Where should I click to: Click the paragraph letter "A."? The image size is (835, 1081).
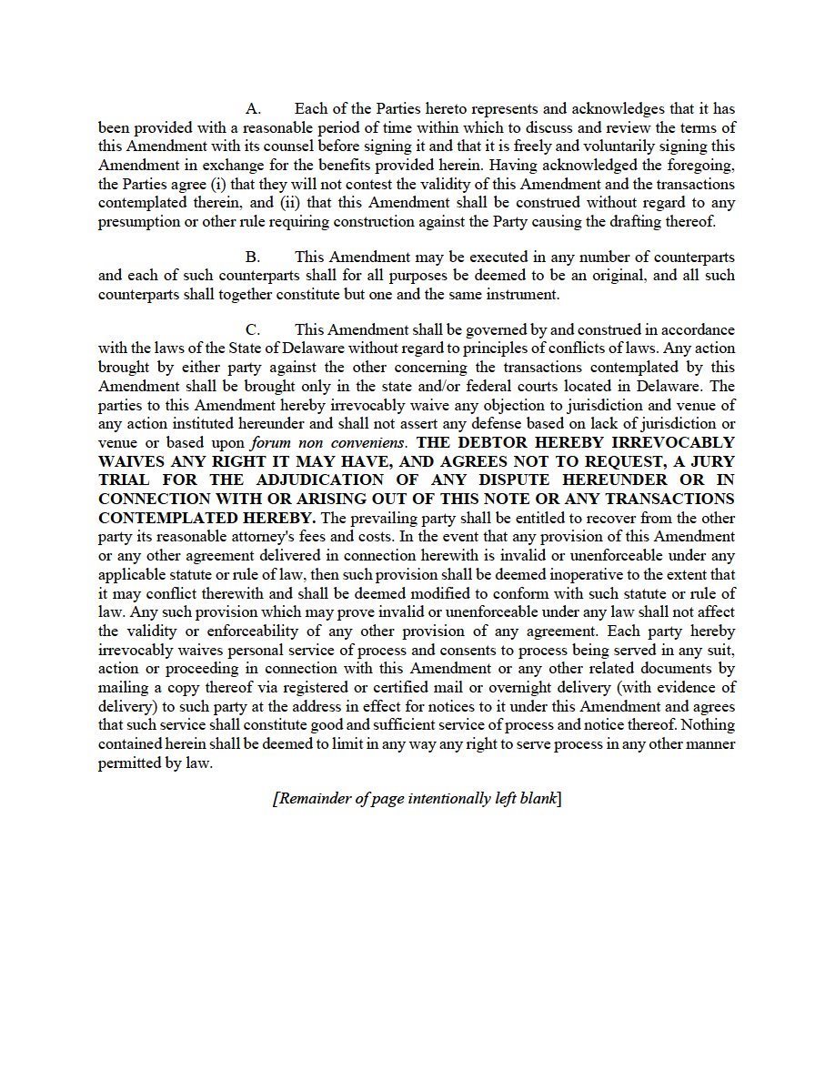point(254,109)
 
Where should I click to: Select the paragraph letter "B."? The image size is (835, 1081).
point(254,258)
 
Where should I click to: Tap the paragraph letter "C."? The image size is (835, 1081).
point(254,329)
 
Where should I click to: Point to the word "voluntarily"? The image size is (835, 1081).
point(624,146)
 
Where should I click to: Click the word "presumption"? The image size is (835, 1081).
point(139,222)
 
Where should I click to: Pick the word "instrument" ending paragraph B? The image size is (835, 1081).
point(522,295)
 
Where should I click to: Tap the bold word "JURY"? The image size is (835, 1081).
point(709,461)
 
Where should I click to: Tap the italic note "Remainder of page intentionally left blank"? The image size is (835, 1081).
point(417,799)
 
